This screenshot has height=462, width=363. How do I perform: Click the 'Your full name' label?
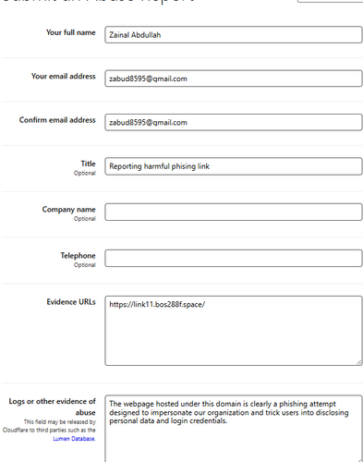pyautogui.click(x=70, y=33)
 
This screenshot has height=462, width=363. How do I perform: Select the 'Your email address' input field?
pyautogui.click(x=233, y=79)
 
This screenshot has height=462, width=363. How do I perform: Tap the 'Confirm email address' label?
pyautogui.click(x=57, y=120)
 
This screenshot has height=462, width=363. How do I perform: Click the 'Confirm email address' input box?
pyautogui.click(x=233, y=122)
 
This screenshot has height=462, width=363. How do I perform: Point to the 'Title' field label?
pyautogui.click(x=89, y=164)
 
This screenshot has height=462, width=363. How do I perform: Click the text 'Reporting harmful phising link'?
pyautogui.click(x=161, y=166)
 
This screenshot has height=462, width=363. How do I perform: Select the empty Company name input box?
pyautogui.click(x=233, y=212)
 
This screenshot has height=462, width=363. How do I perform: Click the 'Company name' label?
pyautogui.click(x=69, y=210)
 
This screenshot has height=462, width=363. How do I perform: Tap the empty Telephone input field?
pyautogui.click(x=233, y=257)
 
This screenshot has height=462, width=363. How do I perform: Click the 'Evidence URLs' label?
pyautogui.click(x=71, y=301)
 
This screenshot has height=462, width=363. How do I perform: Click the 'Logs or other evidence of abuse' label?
pyautogui.click(x=52, y=407)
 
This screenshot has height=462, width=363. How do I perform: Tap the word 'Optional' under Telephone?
pyautogui.click(x=85, y=265)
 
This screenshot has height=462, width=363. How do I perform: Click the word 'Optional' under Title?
pyautogui.click(x=85, y=173)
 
